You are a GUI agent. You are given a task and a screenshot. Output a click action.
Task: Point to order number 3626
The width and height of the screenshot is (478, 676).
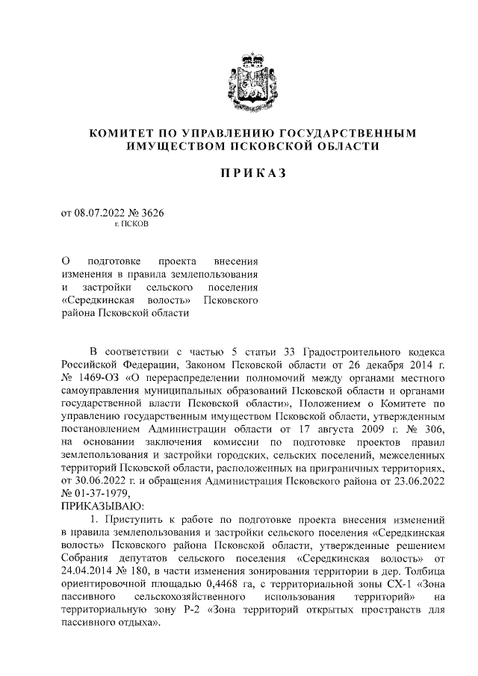[150, 212]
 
